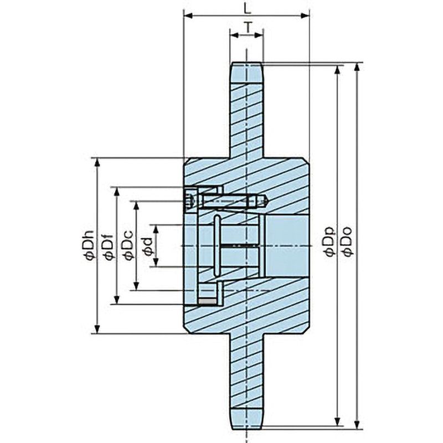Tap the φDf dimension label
coord(109,246)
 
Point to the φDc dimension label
coord(127,246)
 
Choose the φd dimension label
coord(147,246)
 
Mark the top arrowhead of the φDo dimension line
coord(357,66)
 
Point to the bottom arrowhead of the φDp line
coord(338,419)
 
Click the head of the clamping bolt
coord(190,199)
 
